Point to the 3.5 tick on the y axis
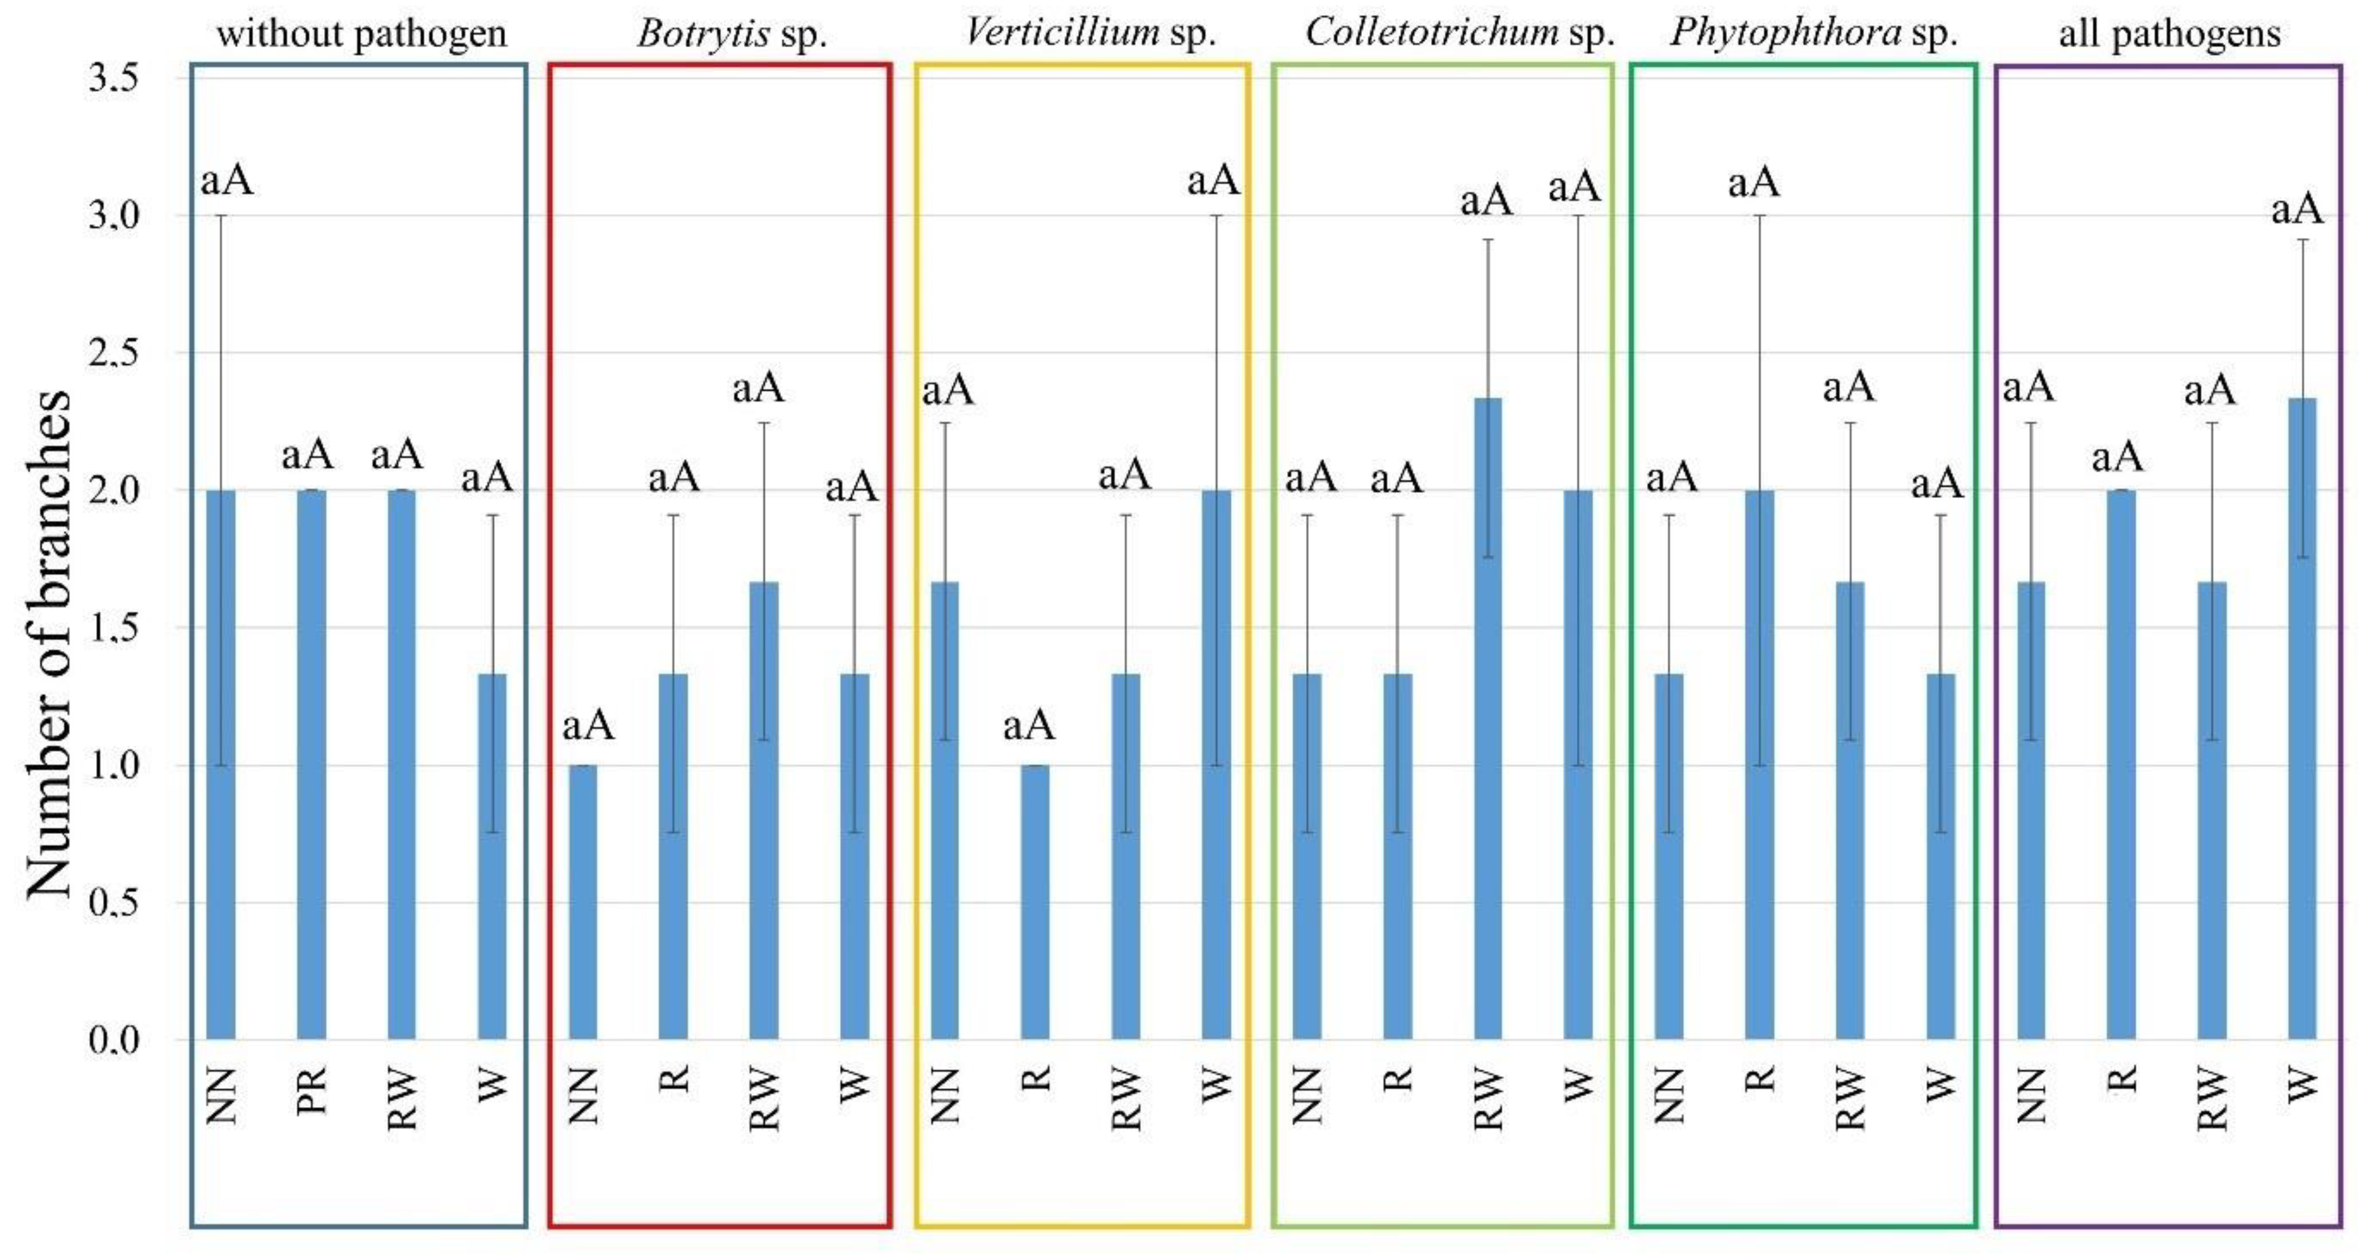click(113, 78)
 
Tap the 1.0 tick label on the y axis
click(113, 764)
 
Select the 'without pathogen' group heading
click(361, 34)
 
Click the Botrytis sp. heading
click(732, 34)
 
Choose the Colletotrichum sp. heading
click(1459, 34)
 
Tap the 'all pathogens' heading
click(2169, 34)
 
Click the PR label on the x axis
click(312, 1090)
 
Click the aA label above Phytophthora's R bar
click(1753, 182)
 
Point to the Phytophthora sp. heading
click(1813, 34)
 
